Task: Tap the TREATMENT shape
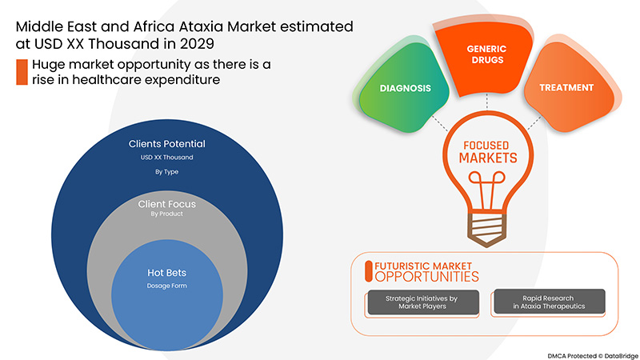click(566, 87)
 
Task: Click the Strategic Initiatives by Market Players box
click(422, 302)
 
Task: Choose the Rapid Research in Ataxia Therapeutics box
click(548, 302)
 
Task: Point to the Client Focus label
click(166, 204)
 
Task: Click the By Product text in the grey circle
click(166, 214)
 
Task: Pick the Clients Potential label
click(166, 144)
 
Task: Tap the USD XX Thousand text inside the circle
click(166, 157)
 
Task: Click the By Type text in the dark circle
click(166, 170)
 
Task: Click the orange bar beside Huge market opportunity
click(22, 72)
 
